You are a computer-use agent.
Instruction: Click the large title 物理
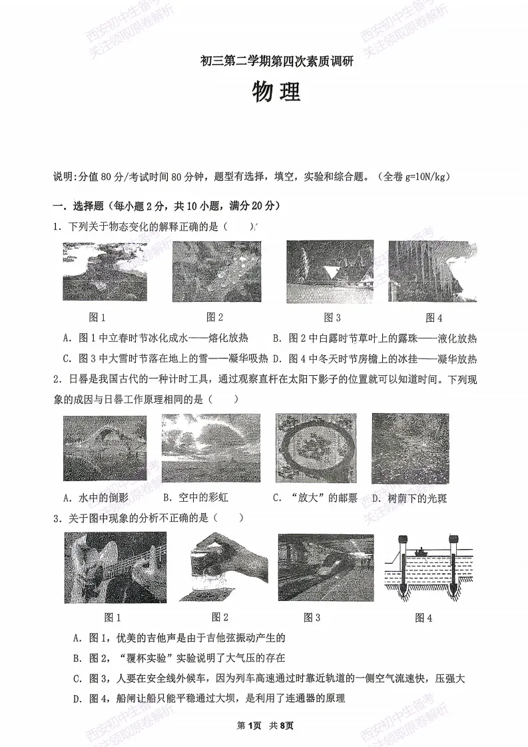point(276,93)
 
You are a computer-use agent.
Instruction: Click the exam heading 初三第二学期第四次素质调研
point(276,63)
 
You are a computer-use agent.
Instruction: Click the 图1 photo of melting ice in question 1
point(105,271)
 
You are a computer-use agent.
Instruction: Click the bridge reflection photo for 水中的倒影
point(105,447)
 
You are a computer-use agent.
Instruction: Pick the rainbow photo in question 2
point(210,447)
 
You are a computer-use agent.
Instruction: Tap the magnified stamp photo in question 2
point(318,448)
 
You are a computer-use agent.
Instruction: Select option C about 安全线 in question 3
point(269,678)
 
